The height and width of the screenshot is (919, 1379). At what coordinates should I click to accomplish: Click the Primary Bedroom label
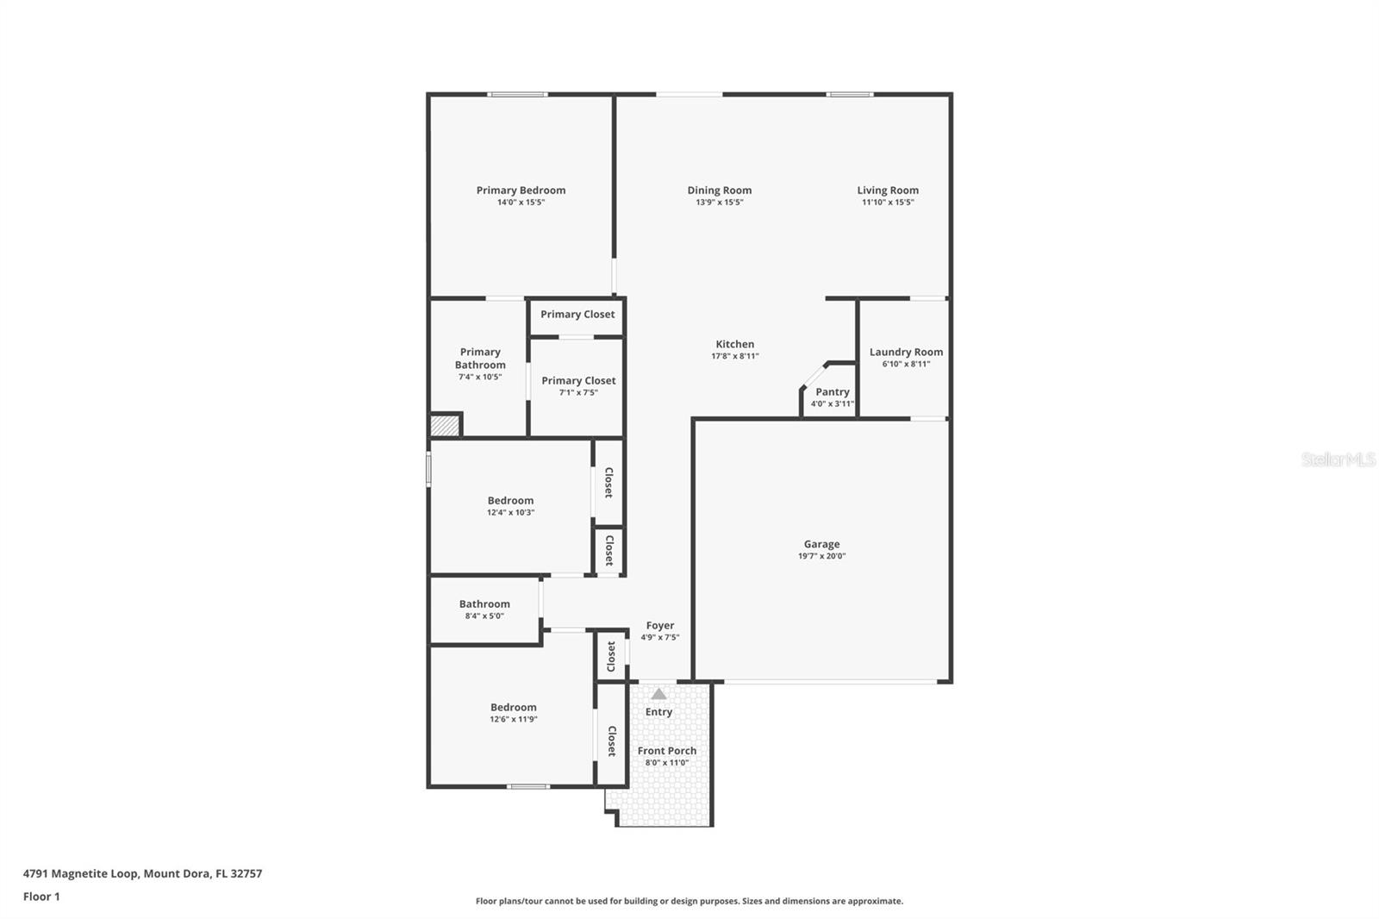(x=521, y=191)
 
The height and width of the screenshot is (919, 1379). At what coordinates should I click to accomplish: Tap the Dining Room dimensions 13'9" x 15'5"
(x=719, y=202)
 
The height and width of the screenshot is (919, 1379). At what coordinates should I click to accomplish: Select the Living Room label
(x=888, y=191)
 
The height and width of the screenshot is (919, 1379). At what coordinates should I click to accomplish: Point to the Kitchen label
(x=734, y=344)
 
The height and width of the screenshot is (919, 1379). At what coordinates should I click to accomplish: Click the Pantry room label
(x=833, y=391)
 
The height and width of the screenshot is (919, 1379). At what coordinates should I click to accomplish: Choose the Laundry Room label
(x=906, y=352)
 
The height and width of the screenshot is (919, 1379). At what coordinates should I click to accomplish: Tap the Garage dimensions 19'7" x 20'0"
(x=822, y=555)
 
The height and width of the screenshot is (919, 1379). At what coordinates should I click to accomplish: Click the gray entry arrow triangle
(x=658, y=694)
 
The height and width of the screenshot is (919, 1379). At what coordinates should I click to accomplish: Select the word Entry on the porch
(x=658, y=712)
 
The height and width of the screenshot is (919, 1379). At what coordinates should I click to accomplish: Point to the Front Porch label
(x=667, y=751)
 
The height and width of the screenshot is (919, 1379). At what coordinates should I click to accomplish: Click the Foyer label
(x=660, y=626)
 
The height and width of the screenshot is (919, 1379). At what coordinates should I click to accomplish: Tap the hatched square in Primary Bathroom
(x=445, y=426)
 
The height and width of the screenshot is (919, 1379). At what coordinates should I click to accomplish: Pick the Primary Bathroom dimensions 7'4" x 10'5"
(x=480, y=377)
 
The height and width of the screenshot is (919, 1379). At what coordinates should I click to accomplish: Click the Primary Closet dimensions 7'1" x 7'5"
(x=578, y=392)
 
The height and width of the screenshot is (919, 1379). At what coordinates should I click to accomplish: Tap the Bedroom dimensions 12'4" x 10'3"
(x=510, y=512)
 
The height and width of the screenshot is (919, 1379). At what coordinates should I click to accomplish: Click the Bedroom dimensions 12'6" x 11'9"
(x=514, y=719)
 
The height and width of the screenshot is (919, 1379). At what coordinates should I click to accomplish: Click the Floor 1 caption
(x=41, y=897)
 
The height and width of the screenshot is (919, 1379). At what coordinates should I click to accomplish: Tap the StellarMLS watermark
(x=1338, y=459)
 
